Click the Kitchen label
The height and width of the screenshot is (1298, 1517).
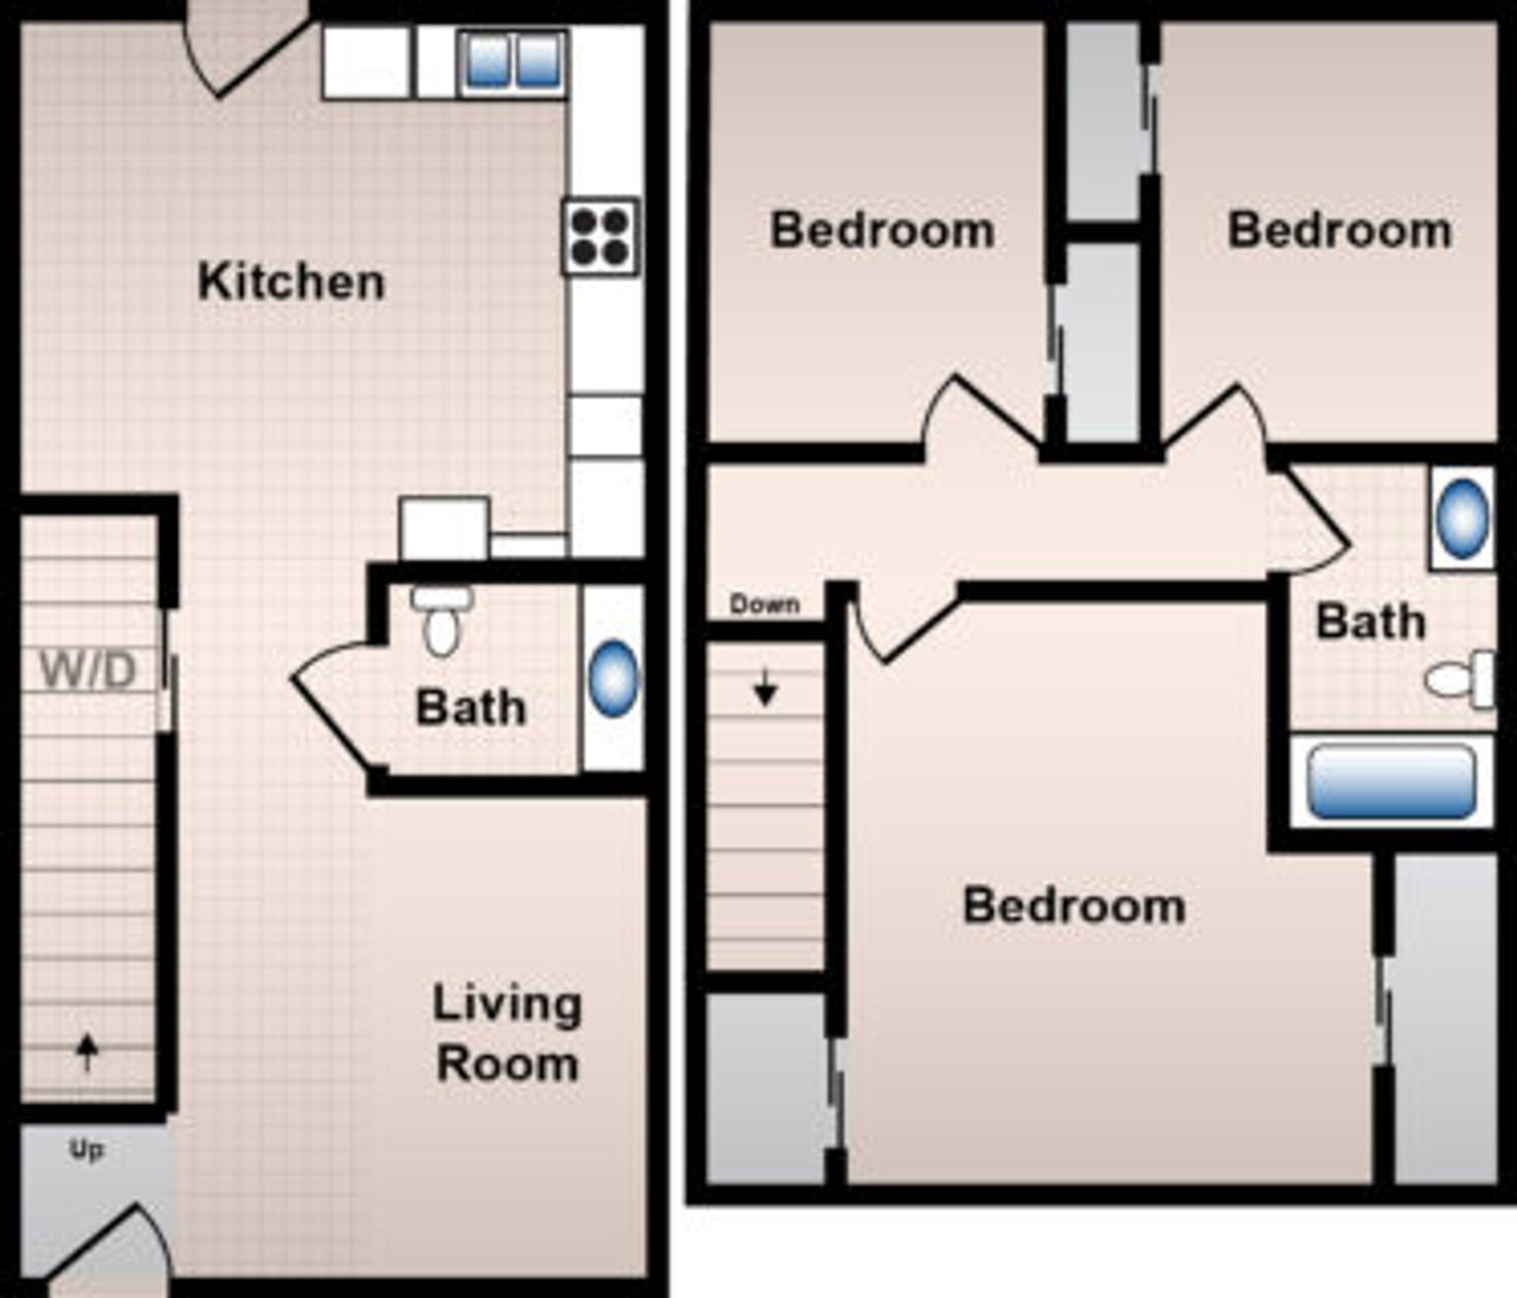point(292,281)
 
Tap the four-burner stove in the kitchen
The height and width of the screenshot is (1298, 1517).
point(600,235)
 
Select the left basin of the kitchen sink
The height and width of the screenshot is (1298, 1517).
point(486,61)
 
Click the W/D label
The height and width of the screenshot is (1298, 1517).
point(88,670)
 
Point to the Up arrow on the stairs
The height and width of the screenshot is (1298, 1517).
point(87,1053)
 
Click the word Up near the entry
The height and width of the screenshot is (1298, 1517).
point(86,1149)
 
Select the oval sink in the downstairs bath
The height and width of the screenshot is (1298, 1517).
point(613,679)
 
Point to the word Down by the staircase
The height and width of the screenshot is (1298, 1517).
point(764,604)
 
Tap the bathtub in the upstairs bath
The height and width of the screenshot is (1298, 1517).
point(1391,781)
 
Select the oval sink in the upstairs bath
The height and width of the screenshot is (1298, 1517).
point(1462,518)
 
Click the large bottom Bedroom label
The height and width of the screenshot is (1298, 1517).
point(1074,905)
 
